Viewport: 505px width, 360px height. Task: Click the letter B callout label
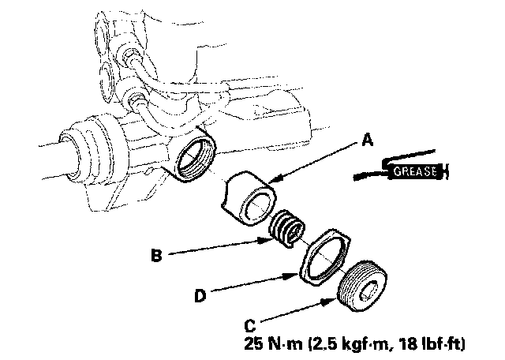click(157, 256)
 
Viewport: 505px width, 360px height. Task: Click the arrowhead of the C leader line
click(340, 298)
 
